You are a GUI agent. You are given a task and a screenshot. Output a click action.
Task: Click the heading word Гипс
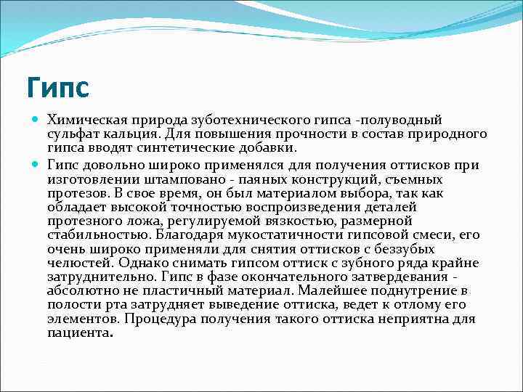pos(57,88)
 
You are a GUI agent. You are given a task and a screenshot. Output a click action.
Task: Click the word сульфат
pos(72,134)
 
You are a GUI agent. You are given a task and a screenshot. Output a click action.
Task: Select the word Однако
pos(142,262)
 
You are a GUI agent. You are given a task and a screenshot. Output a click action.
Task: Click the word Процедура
pos(158,318)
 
